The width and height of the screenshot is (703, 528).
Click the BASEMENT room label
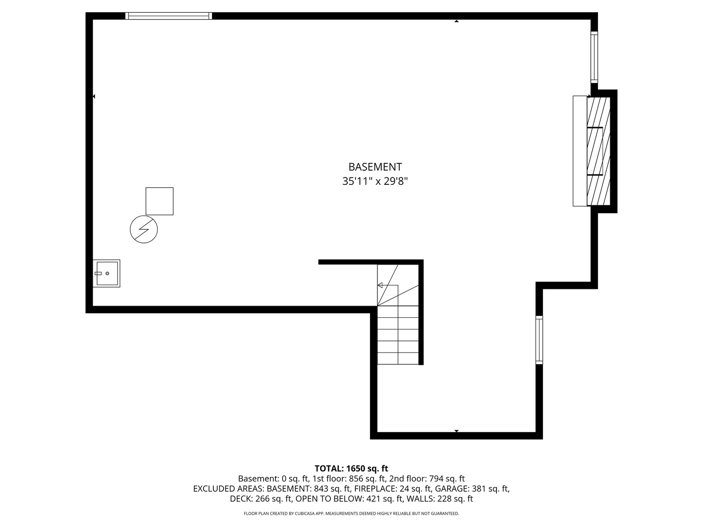pos(375,167)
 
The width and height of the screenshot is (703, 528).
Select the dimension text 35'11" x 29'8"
pos(375,181)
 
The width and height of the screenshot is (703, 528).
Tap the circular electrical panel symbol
pos(144,229)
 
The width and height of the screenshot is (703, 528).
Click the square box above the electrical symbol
pos(160,201)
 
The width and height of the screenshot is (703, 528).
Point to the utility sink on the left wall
pos(106,273)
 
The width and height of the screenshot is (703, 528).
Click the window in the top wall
pos(169,16)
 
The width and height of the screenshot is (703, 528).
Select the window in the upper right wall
pos(594,57)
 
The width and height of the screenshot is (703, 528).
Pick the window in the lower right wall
pos(539,340)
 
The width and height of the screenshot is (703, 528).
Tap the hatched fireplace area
pos(599,151)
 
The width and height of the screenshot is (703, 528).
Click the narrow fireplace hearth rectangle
pos(579,151)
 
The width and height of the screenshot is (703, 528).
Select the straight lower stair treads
pos(398,335)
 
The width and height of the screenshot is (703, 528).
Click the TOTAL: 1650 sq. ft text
pos(351,468)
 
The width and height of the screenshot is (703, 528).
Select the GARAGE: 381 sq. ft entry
pos(472,488)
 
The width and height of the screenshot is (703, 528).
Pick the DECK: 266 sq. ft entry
pos(261,499)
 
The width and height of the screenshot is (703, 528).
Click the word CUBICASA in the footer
pos(307,513)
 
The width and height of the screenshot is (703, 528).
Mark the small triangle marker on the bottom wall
pos(456,431)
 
